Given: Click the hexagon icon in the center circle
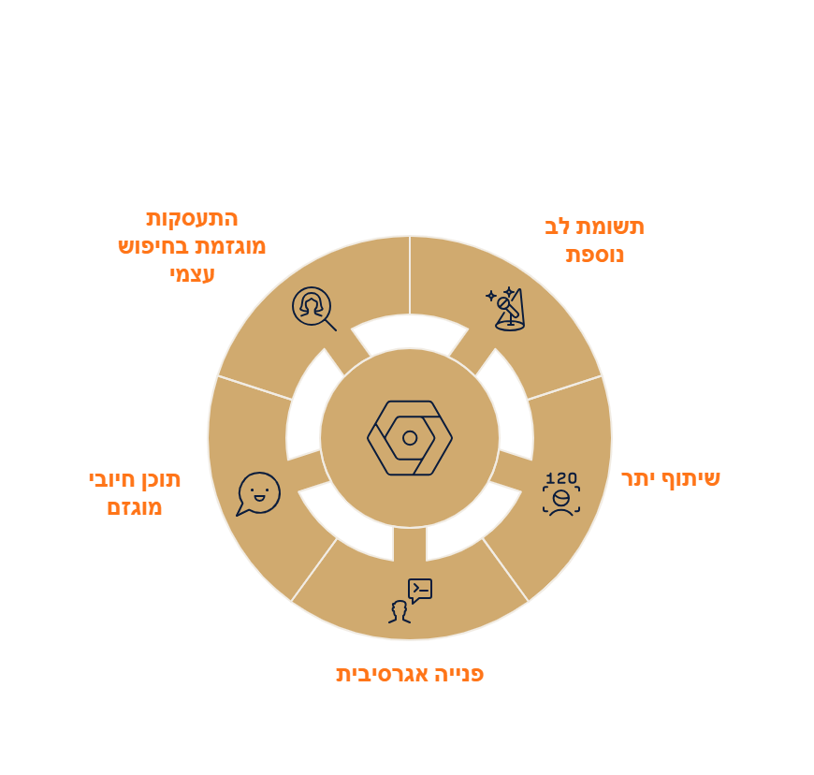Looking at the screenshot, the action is [410, 438].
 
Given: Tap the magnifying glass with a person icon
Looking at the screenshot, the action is [313, 309].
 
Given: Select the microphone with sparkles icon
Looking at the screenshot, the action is [505, 309].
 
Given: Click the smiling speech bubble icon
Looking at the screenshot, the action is [258, 493].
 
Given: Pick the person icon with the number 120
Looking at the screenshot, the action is [561, 493].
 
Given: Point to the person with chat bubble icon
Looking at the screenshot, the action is [410, 601].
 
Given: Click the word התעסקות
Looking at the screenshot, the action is [192, 219].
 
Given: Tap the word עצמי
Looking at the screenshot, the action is [192, 274].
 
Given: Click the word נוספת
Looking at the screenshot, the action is [594, 255].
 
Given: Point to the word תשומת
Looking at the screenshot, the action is [610, 227].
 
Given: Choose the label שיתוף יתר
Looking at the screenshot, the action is [671, 479].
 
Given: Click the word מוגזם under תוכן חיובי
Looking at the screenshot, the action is [135, 507].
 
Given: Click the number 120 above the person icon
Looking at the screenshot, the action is [561, 478].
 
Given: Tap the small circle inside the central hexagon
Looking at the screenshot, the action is [410, 438].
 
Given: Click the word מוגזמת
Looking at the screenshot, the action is [228, 246].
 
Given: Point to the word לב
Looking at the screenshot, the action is [558, 227].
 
